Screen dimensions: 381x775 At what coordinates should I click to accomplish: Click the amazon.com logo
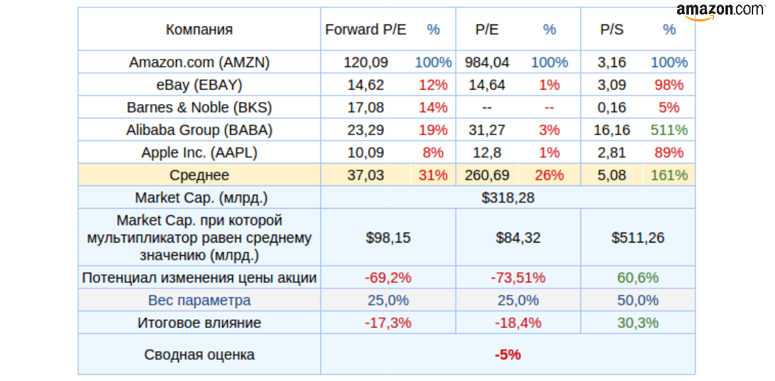pos(721,11)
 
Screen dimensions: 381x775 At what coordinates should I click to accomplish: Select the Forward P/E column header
pos(366,29)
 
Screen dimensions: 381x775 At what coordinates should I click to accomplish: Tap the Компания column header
pos(199,29)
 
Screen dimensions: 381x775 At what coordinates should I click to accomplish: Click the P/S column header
pos(612,29)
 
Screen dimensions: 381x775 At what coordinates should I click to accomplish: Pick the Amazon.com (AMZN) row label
pos(199,62)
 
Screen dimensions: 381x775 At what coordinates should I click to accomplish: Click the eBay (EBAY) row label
pos(199,85)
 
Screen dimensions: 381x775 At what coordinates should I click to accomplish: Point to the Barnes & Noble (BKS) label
pos(199,107)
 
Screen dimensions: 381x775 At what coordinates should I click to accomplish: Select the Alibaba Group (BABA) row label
pos(199,130)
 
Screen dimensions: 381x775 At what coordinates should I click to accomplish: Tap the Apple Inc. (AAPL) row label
pos(199,152)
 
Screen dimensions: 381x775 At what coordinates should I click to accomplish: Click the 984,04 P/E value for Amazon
pos(487,62)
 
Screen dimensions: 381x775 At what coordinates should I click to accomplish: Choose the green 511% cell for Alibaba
pos(669,130)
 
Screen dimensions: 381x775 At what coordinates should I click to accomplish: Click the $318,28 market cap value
pos(508,197)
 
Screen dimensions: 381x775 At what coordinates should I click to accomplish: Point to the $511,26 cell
pos(638,237)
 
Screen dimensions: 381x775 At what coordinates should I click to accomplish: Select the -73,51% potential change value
pos(518,278)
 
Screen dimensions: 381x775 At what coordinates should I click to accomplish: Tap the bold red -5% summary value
pos(508,354)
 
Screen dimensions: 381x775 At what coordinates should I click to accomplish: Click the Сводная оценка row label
pos(199,354)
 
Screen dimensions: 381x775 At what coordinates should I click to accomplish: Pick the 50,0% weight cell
pos(638,300)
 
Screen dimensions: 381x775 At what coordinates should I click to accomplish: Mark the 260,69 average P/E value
pos(487,175)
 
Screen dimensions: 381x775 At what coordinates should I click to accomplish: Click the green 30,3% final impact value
pos(638,323)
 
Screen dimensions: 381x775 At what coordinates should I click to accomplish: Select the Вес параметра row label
pos(199,300)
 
